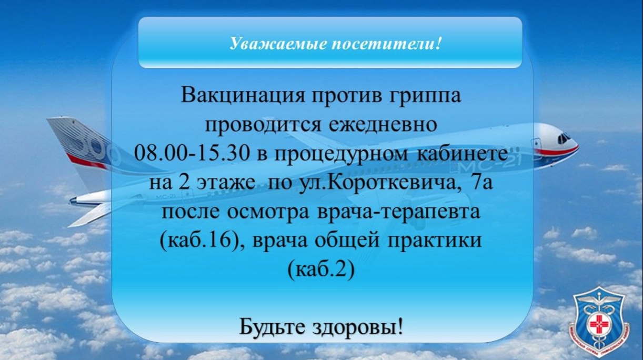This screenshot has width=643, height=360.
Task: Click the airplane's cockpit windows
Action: pyautogui.click(x=564, y=138)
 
